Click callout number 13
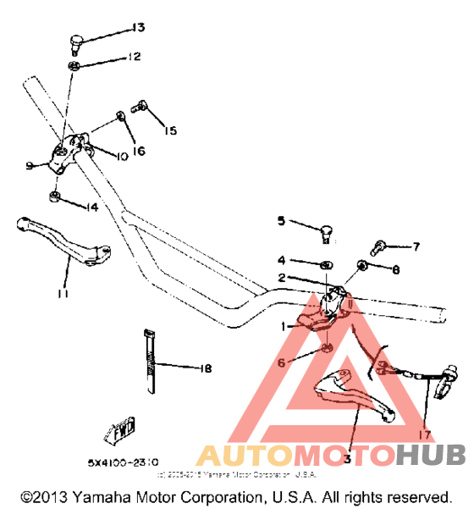coord(137,29)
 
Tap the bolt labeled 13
coord(76,39)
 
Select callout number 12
coord(134,58)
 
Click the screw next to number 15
coord(141,108)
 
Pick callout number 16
coord(139,151)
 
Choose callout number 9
coord(29,166)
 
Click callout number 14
coord(91,207)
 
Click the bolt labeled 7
coord(379,246)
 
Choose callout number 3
coord(347,458)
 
